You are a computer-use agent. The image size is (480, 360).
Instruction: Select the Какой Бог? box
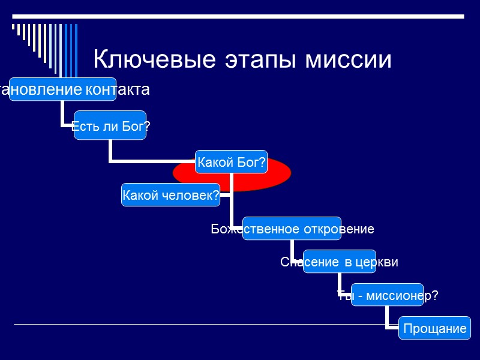pyautogui.click(x=232, y=163)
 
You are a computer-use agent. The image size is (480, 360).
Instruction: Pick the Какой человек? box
pyautogui.click(x=170, y=195)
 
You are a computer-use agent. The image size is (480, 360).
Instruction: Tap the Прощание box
pyautogui.click(x=435, y=328)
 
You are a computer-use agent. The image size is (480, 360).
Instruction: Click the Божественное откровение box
pyautogui.click(x=292, y=229)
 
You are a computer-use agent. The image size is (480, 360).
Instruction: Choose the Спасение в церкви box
pyautogui.click(x=339, y=262)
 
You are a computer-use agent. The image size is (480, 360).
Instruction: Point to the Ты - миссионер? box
pyautogui.click(x=387, y=295)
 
